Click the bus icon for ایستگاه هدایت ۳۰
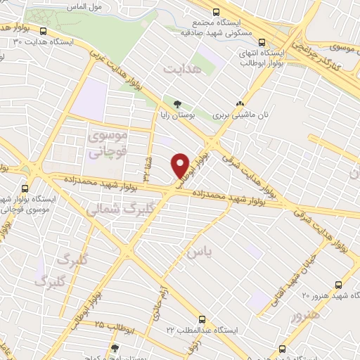(x=44, y=32)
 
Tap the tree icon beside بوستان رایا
(x=167, y=102)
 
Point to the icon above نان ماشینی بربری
(x=240, y=102)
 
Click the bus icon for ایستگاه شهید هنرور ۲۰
(x=340, y=285)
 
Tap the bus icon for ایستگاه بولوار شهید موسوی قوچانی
(x=26, y=188)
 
